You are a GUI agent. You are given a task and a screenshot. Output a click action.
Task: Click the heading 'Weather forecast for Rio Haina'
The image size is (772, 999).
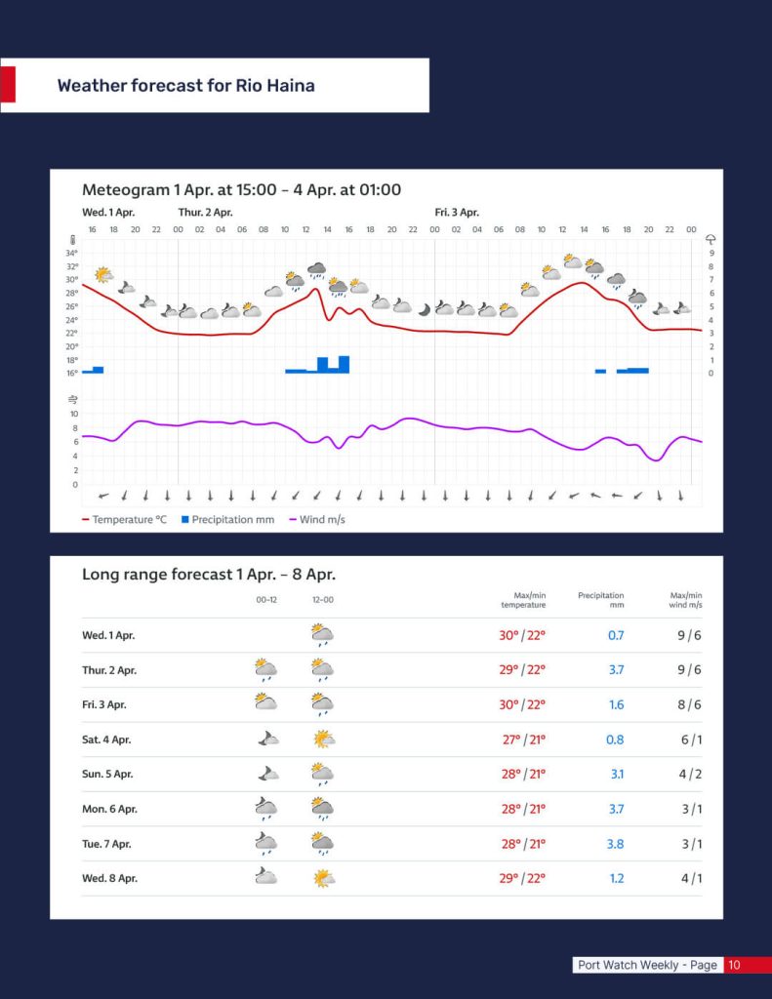(x=185, y=86)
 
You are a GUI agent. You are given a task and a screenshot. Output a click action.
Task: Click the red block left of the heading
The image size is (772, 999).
(x=7, y=85)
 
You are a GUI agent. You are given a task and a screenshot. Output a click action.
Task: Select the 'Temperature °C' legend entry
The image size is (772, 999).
(x=124, y=520)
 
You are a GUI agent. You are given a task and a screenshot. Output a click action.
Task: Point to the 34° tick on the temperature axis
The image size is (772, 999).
(x=72, y=253)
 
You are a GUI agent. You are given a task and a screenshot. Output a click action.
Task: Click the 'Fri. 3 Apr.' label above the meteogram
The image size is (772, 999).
(x=457, y=213)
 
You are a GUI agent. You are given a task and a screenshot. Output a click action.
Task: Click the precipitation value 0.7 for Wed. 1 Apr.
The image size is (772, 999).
(x=615, y=635)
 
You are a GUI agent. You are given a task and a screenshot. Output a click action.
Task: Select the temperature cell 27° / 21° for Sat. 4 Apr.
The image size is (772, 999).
(x=523, y=739)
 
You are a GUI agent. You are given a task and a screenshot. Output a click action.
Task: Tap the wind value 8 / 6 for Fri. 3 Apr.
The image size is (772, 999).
(x=690, y=704)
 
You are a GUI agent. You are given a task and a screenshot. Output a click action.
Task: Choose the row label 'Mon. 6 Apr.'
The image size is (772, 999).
(x=109, y=809)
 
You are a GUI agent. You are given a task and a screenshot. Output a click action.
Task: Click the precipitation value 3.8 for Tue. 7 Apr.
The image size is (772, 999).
(x=615, y=844)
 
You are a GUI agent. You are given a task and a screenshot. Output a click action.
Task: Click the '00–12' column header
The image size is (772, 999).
(x=266, y=600)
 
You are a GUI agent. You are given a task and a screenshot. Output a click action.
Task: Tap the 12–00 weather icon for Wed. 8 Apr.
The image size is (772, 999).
(x=323, y=878)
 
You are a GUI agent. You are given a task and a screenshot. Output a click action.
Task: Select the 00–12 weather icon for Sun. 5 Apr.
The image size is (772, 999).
(x=266, y=774)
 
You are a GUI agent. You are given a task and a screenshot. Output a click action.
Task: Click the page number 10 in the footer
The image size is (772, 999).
(x=734, y=965)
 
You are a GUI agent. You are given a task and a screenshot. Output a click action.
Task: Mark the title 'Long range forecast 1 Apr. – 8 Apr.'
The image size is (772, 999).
(x=208, y=575)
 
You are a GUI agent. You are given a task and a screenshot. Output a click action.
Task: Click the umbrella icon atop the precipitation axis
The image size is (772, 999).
(x=711, y=239)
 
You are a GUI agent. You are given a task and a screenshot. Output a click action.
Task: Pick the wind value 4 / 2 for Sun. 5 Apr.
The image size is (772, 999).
(x=690, y=775)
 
